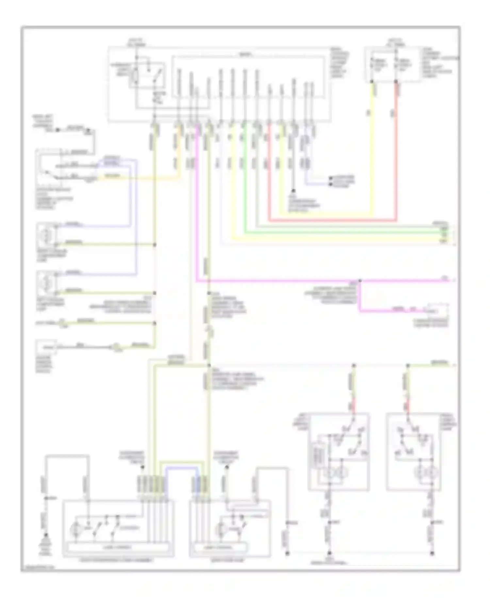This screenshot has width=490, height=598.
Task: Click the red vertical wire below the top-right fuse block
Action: pos(396,147)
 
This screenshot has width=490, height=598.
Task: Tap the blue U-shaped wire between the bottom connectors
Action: pos(182,468)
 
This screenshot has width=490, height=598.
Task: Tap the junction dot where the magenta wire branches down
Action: pos(360,281)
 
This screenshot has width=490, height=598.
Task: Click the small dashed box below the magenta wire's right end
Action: pos(437,311)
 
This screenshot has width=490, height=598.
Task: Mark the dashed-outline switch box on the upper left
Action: pos(49,167)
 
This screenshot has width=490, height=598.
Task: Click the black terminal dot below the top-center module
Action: pos(293,190)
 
